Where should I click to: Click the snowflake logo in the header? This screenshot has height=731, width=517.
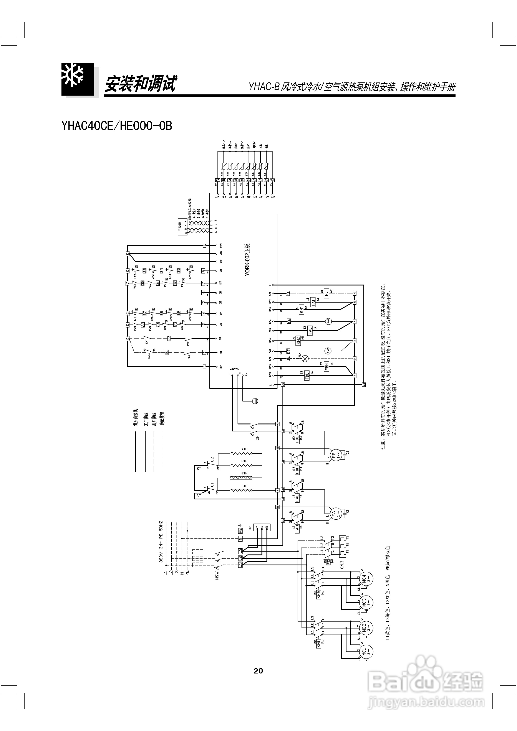[x=78, y=79]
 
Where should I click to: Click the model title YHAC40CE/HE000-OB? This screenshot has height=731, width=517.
[x=117, y=126]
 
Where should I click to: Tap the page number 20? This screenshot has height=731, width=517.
[x=258, y=671]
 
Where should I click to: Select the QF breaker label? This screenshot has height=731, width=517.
[x=257, y=438]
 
